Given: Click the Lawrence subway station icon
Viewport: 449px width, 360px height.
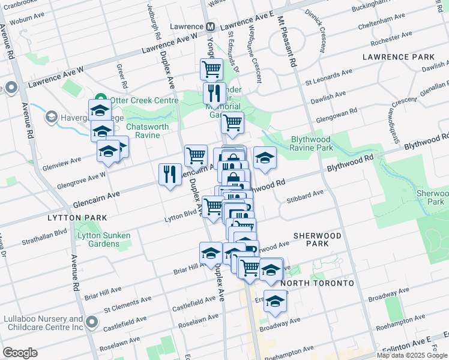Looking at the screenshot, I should tap(211, 26).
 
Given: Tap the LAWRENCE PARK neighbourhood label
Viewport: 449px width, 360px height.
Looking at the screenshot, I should tap(398, 57).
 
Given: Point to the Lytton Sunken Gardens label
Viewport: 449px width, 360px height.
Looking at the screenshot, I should tap(103, 239).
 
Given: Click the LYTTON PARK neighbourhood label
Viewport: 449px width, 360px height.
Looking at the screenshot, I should tap(79, 217).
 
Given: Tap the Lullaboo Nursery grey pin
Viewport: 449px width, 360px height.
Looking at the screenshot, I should tap(92, 323).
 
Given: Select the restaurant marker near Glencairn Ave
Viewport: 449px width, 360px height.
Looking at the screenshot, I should tap(170, 175).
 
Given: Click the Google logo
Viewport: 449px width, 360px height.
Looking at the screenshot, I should tap(20, 353).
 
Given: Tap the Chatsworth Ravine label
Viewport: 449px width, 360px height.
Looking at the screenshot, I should tap(143, 131).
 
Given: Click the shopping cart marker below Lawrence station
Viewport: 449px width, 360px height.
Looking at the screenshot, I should tap(211, 70).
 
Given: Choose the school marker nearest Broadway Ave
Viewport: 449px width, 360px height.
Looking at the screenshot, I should tap(275, 302).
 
